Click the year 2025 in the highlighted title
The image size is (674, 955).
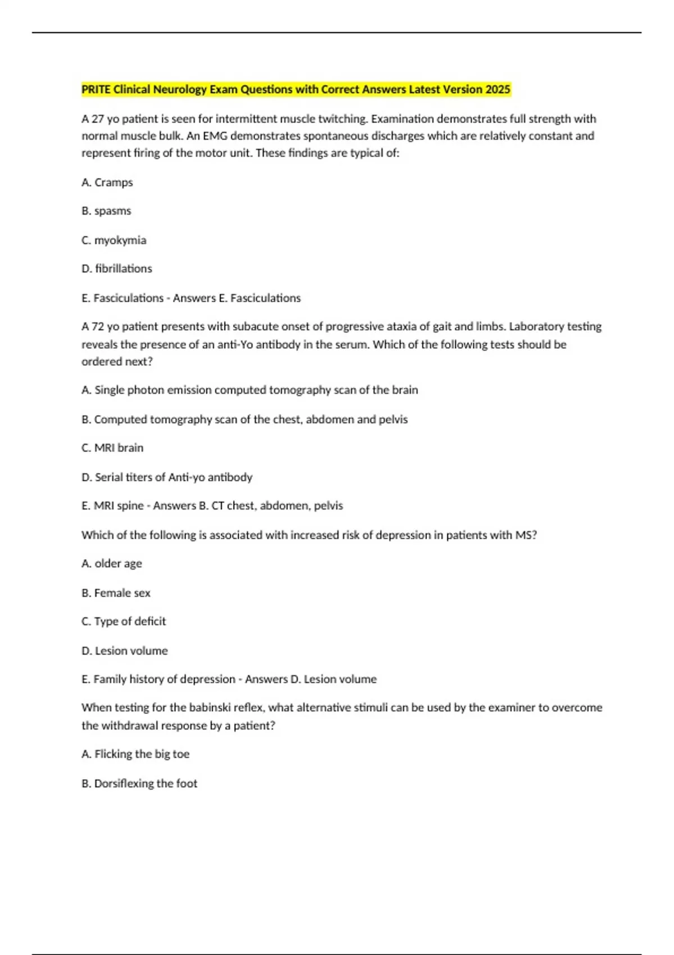point(497,89)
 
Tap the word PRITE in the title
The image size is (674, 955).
point(96,89)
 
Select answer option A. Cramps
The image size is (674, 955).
point(107,183)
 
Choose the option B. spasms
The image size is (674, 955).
point(106,211)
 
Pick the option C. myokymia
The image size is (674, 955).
point(114,240)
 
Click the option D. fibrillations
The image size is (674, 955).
point(117,269)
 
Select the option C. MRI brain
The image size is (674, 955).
point(112,448)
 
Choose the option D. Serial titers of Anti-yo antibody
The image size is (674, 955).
point(167,477)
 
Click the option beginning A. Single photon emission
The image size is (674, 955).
point(249,390)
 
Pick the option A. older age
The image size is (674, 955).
point(112,563)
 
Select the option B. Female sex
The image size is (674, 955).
point(116,593)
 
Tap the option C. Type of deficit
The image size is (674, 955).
point(124,622)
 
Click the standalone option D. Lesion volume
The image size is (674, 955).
point(125,651)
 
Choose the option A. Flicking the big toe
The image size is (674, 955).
point(135,754)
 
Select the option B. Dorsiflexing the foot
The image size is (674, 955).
point(139,784)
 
